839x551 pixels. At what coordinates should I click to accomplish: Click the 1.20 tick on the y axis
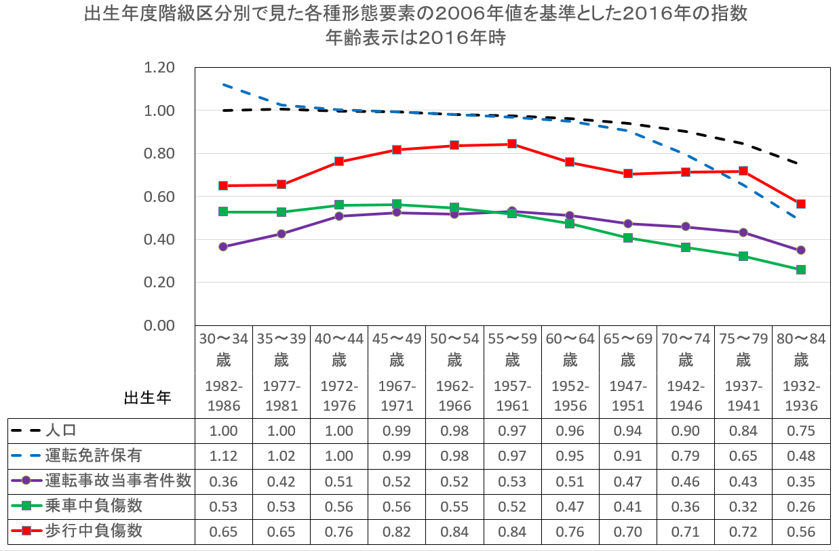click(x=159, y=68)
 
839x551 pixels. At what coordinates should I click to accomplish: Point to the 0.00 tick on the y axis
click(x=159, y=325)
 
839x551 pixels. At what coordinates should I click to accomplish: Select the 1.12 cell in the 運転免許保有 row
click(x=224, y=456)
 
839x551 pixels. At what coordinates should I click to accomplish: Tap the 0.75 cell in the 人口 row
click(x=801, y=431)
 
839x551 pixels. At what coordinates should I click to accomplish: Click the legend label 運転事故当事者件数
click(x=118, y=481)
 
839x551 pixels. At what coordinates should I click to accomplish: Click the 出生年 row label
click(x=148, y=398)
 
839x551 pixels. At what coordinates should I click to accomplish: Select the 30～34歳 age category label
click(x=224, y=348)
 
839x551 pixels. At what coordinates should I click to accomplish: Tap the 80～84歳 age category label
click(x=801, y=348)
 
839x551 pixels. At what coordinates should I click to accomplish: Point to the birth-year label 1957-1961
click(x=513, y=396)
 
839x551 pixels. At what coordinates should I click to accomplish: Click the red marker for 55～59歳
click(x=512, y=144)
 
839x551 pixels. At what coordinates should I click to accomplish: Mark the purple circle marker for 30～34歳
click(x=223, y=247)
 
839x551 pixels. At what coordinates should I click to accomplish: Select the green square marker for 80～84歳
click(x=801, y=270)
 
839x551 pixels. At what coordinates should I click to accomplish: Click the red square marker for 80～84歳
click(x=801, y=204)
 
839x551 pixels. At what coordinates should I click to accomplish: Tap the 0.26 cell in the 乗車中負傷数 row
click(x=801, y=506)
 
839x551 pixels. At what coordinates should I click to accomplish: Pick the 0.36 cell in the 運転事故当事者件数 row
click(x=224, y=481)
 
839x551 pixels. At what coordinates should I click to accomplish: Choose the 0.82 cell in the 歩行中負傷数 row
click(x=397, y=531)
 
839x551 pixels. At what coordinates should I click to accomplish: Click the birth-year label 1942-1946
click(x=686, y=396)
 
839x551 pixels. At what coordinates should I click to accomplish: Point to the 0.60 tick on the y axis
click(x=159, y=197)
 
